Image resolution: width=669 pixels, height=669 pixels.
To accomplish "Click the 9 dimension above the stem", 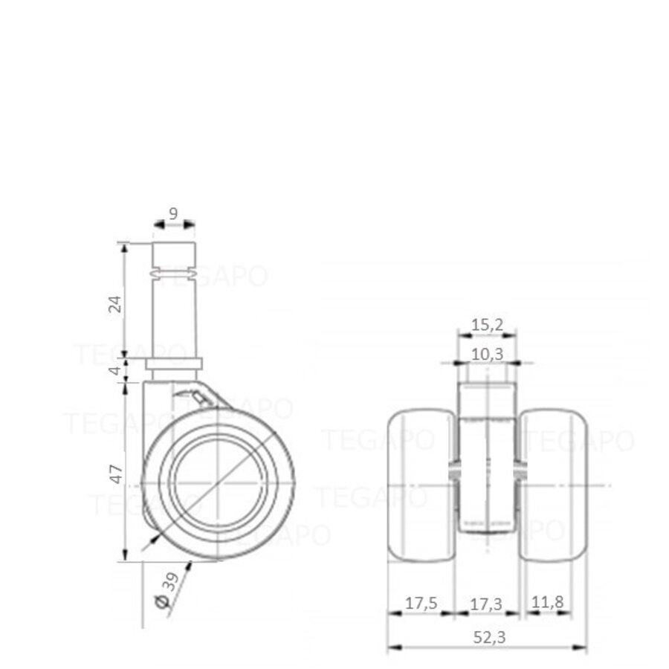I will tap(173, 213).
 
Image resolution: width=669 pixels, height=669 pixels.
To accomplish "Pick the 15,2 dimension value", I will tap(487, 324).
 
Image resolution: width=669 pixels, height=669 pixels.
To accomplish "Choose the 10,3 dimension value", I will tap(487, 354).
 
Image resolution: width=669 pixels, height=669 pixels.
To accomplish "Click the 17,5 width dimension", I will tap(421, 604).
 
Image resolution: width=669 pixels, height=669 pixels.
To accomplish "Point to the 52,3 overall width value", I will tap(487, 638).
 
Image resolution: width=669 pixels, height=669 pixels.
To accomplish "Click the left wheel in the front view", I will tap(421, 485).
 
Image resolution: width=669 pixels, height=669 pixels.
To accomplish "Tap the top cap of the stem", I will tap(174, 256).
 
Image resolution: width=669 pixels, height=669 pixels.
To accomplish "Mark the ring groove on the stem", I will tap(174, 276).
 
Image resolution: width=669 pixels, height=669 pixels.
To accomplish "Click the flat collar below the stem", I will tap(173, 363).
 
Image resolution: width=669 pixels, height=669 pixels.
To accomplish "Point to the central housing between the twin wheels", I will tap(487, 476).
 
